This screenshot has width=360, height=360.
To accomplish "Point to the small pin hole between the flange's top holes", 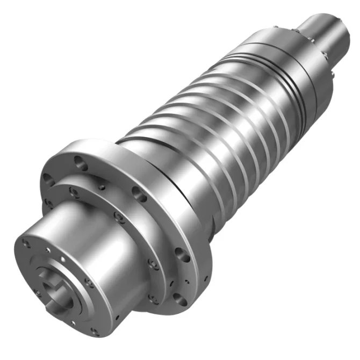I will point(102,188).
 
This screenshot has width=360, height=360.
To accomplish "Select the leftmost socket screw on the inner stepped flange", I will point(48,203).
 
